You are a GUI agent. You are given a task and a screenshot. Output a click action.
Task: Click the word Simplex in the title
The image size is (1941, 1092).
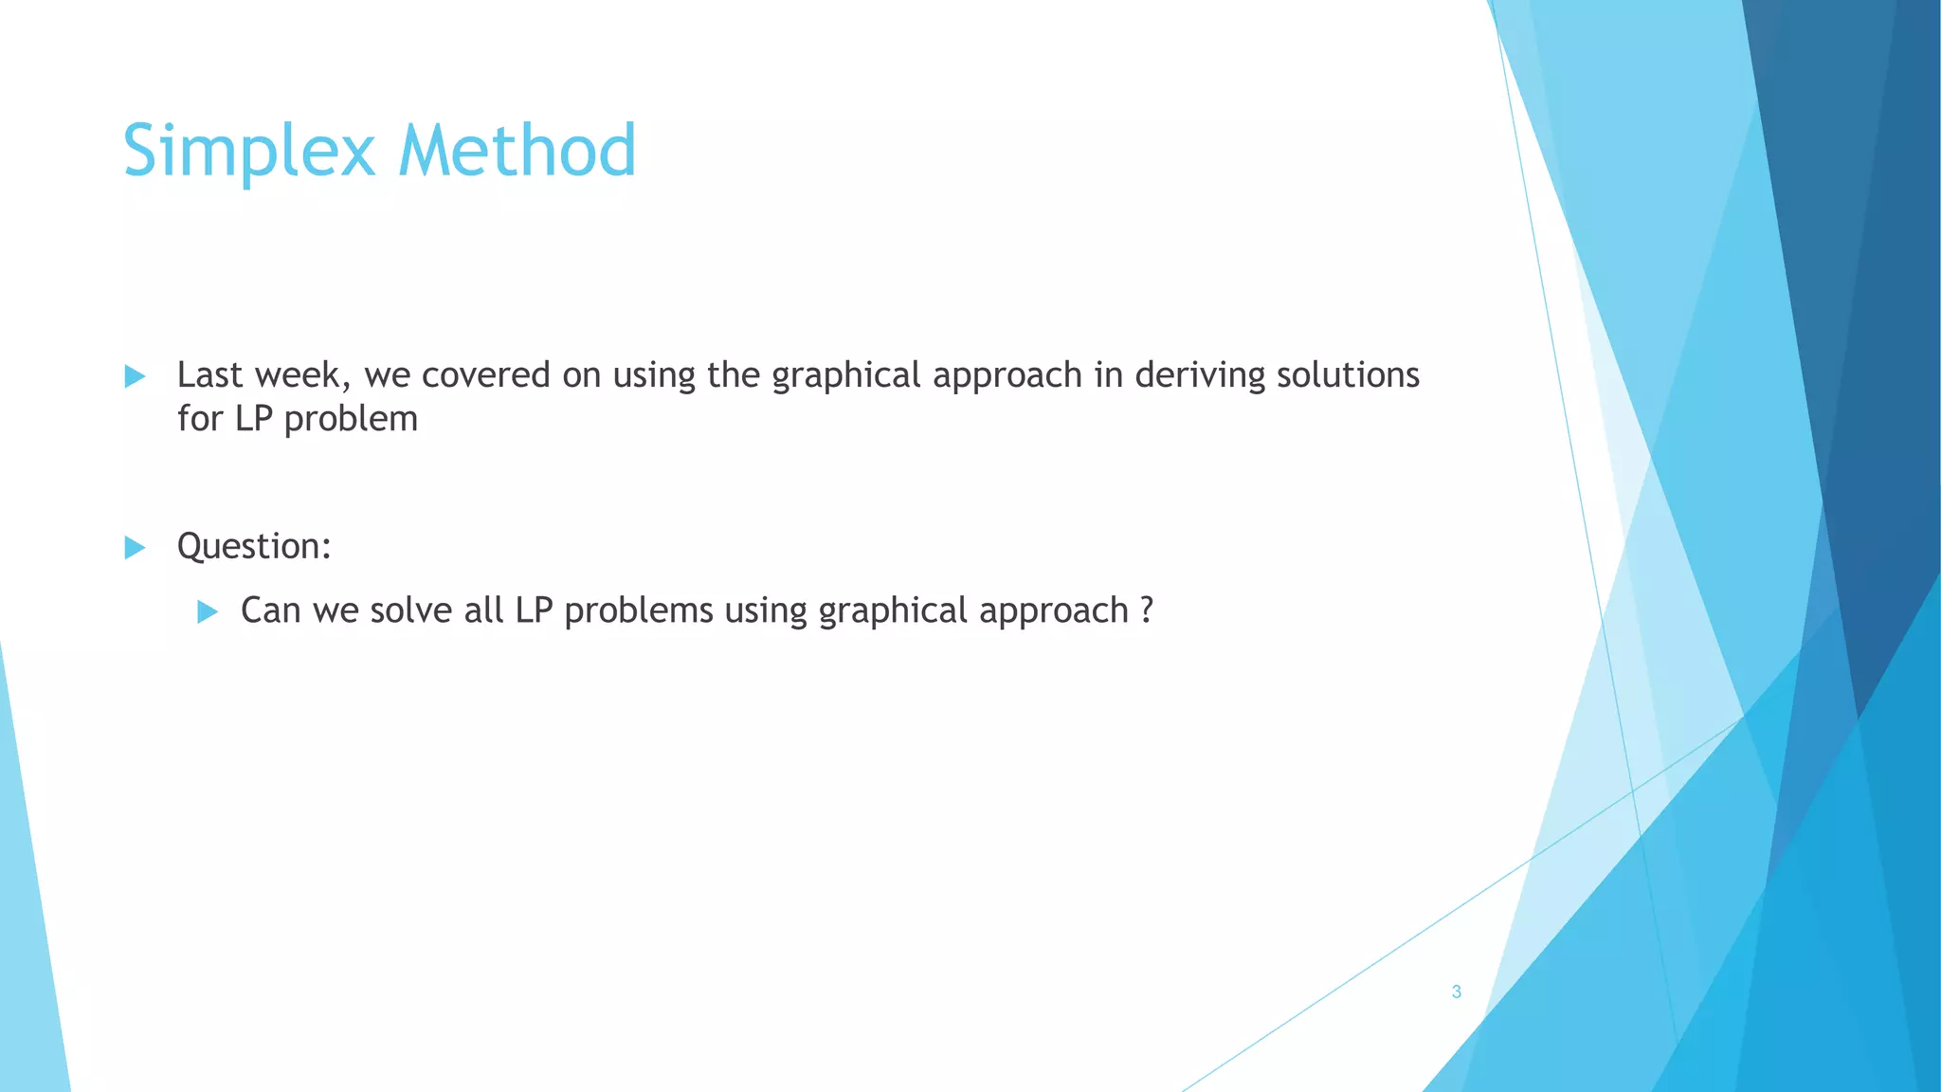point(248,151)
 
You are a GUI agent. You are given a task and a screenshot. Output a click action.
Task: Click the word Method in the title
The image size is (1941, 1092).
point(517,151)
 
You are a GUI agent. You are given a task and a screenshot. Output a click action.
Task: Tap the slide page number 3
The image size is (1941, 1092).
point(1456,992)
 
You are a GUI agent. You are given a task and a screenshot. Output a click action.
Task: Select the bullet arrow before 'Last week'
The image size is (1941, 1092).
point(135,376)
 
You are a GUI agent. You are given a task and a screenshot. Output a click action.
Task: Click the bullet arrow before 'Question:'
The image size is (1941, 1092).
point(135,547)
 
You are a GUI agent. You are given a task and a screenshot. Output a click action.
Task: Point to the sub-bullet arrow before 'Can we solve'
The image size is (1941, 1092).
point(208,611)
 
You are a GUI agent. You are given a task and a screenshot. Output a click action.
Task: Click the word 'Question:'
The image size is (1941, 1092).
point(254,547)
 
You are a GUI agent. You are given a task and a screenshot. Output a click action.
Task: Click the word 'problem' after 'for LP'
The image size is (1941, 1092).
point(351,419)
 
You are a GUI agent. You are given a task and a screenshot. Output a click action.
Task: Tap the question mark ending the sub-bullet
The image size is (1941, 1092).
point(1147,610)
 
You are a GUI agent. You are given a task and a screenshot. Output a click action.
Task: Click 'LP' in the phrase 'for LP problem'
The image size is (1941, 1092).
point(253,419)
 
